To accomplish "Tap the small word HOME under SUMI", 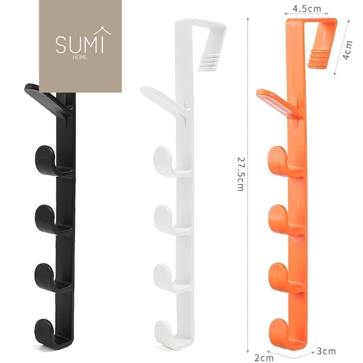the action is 80,57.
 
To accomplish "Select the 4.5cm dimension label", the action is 307,9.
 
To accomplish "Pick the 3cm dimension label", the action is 326,351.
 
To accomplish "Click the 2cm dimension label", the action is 264,358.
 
